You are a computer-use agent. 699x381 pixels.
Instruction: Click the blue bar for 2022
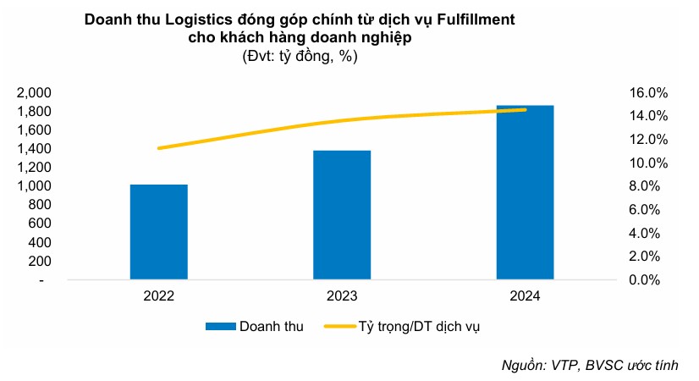point(159,231)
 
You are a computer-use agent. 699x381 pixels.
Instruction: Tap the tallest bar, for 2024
point(525,192)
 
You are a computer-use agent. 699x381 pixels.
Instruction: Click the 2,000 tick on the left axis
point(35,92)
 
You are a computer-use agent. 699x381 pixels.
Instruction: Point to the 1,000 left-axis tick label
point(35,185)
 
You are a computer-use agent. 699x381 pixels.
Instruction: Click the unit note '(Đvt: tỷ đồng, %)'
point(300,57)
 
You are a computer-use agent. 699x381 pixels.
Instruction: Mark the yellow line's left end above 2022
point(160,148)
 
